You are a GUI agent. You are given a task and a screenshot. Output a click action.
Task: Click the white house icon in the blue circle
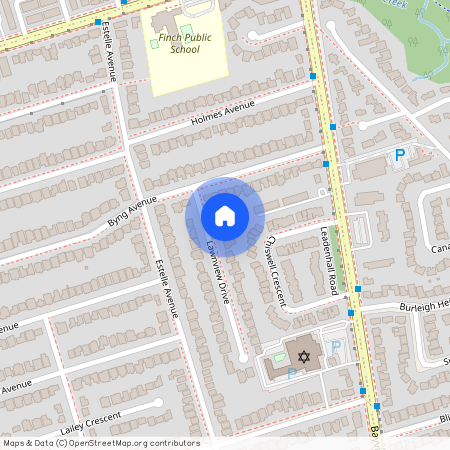point(225,216)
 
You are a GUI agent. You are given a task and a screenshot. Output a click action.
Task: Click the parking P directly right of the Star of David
point(336,348)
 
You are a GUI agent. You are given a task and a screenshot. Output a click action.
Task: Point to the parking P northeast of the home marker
point(400,155)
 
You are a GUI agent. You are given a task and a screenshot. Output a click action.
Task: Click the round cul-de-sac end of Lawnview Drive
point(243,357)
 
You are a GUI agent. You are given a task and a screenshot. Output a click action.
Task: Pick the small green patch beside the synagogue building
point(279,357)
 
